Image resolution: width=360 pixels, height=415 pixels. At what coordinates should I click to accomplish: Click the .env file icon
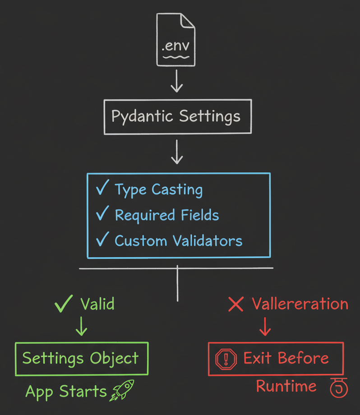[x=176, y=40]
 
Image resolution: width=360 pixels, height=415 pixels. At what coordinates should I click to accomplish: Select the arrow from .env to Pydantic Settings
[x=177, y=82]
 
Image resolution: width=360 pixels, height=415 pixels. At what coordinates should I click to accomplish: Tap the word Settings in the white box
[x=209, y=116]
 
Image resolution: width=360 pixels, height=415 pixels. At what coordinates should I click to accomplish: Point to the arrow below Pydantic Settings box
[x=177, y=152]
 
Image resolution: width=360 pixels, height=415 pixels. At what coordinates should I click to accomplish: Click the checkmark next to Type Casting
[x=102, y=189]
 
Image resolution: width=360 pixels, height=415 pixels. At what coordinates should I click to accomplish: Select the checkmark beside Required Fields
[x=102, y=214]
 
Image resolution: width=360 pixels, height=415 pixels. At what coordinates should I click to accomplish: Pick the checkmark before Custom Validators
[x=102, y=240]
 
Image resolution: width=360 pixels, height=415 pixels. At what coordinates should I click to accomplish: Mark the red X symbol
[x=236, y=304]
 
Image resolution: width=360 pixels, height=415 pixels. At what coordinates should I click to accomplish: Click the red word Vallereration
[x=300, y=304]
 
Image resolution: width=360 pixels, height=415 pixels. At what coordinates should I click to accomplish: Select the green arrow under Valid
[x=81, y=326]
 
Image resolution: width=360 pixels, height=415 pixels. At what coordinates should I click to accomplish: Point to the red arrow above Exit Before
[x=265, y=326]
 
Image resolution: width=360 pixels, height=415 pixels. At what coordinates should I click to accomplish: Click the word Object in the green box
[x=114, y=358]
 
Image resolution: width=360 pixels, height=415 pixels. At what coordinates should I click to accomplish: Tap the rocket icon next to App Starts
[x=122, y=390]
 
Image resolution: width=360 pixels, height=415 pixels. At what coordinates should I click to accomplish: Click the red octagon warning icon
[x=226, y=359]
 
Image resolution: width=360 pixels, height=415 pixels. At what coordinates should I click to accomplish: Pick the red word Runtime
[x=286, y=386]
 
